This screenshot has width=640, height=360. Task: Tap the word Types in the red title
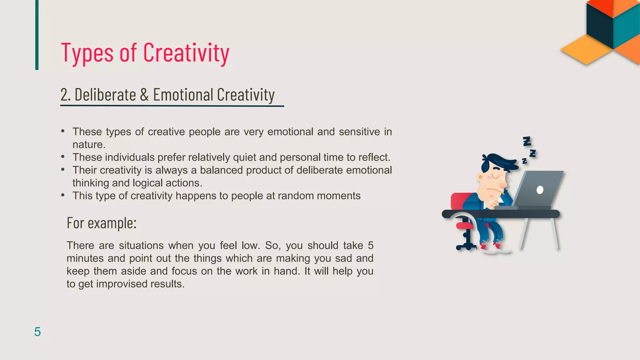pos(87,53)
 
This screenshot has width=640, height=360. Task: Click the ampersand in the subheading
pos(144,95)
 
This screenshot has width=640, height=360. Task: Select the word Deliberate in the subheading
pos(105,95)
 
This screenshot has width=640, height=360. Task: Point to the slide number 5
pos(37,332)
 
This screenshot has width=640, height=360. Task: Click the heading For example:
pos(102,223)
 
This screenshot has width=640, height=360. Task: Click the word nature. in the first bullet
pos(89,144)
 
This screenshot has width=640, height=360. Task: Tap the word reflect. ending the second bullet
pos(374,157)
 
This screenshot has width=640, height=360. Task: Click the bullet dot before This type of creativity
pos(63,195)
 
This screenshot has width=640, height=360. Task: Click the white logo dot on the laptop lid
pos(540,190)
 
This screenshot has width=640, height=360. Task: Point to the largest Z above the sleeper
pos(527,141)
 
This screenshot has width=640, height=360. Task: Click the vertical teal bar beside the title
pos(37,35)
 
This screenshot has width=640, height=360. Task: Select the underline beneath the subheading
pos(172,106)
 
